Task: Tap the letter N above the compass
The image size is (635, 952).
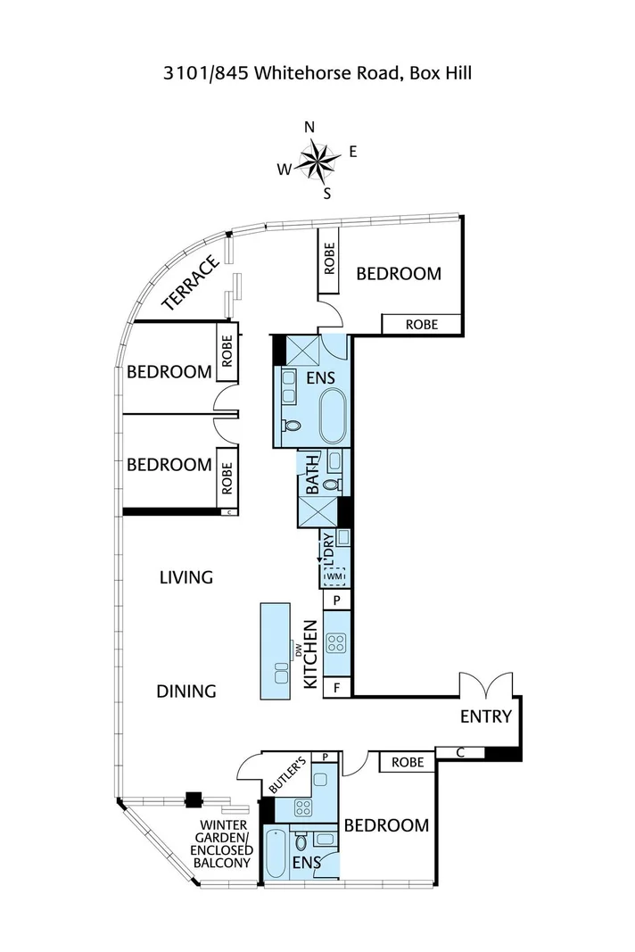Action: click(309, 127)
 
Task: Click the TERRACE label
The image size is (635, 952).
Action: click(191, 283)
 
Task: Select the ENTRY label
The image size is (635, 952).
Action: click(486, 716)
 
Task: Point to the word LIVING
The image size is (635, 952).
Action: click(186, 576)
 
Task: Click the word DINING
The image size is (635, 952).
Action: click(186, 691)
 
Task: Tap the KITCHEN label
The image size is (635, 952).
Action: click(310, 654)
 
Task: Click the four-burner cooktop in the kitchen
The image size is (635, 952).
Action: click(336, 643)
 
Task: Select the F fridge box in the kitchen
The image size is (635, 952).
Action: click(337, 689)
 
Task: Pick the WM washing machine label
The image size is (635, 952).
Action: click(335, 575)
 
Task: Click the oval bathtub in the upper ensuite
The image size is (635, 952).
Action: click(333, 415)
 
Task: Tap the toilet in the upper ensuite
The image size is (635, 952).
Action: click(292, 425)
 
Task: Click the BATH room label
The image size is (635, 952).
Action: click(312, 474)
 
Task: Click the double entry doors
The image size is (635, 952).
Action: click(486, 684)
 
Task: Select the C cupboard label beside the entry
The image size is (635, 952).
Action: click(460, 753)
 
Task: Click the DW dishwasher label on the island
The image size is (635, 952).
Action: click(298, 651)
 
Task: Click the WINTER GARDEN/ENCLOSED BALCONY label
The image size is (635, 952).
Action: click(221, 844)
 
